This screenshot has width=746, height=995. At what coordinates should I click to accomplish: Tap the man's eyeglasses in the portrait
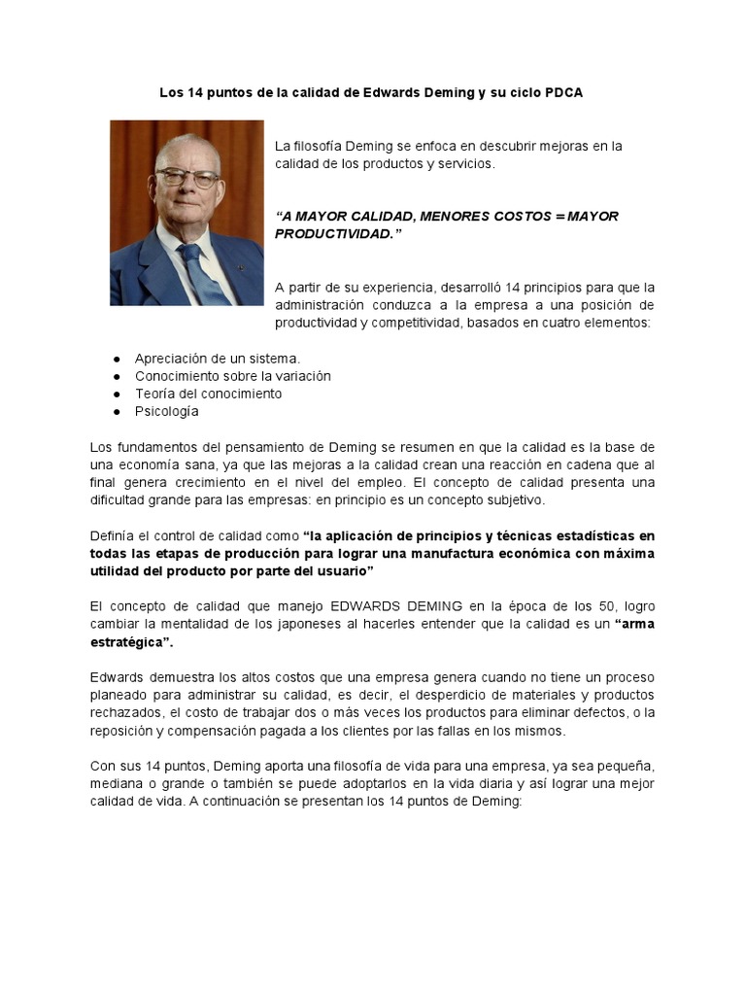click(x=186, y=178)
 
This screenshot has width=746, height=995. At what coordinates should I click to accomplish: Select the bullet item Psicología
click(x=166, y=411)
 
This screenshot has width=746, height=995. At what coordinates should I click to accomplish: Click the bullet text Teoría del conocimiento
click(x=208, y=394)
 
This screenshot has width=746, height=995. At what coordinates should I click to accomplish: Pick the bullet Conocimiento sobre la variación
click(x=232, y=376)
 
